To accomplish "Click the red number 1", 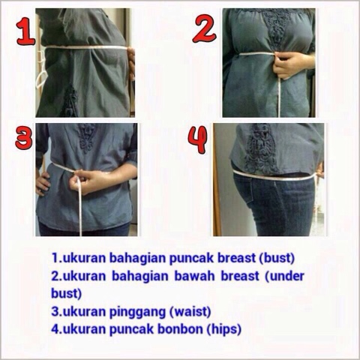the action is coord(25,32).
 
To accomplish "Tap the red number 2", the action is coord(204,29).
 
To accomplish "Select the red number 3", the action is coord(24,137).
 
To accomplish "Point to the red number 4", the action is coord(198,139).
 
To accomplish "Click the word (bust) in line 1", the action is coord(277,258).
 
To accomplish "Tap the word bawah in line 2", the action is coord(195,276).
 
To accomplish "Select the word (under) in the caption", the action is coord(284,276).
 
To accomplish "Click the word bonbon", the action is coord(180,329).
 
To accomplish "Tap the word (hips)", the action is coord(224,329).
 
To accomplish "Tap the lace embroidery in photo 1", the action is coord(69,101).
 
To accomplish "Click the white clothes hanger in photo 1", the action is coord(40,73).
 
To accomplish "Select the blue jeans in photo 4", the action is coord(275,205).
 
